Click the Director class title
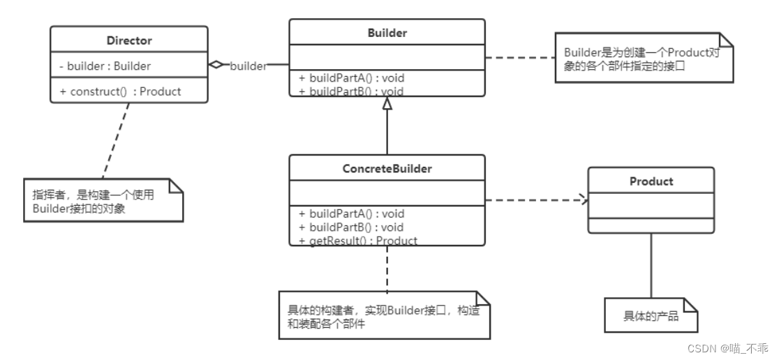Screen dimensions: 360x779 129,40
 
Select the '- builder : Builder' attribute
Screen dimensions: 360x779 105,66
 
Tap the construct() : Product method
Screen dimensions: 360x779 120,91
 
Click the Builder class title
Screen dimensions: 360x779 387,33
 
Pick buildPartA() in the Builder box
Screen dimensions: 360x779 352,77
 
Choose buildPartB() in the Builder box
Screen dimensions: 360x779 352,91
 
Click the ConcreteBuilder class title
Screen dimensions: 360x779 387,169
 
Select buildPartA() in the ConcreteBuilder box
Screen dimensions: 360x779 352,213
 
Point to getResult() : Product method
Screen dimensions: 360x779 357,241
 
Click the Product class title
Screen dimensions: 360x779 651,181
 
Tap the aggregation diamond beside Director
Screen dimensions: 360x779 217,65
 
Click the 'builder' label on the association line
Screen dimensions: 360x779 248,66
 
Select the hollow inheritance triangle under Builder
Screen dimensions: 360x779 387,104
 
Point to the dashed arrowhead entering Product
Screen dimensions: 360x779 582,201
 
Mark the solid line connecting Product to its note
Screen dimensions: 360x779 651,265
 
